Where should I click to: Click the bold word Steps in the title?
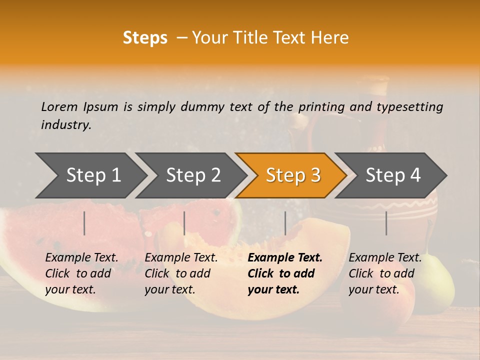coord(145,38)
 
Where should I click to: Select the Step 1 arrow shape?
coord(90,175)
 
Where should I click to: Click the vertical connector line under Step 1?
coord(84,223)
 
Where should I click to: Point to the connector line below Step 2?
coord(184,223)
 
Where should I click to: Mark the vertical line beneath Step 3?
coord(285,223)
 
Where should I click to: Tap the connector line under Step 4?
coord(386,223)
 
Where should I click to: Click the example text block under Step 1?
coord(81,273)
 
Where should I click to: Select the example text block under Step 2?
coord(181,273)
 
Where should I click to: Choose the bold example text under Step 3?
coord(285,273)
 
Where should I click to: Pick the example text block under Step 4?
coord(385,273)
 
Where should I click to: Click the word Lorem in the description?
coord(59,106)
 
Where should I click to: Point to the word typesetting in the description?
coord(409,107)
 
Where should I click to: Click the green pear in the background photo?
coord(442,290)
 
